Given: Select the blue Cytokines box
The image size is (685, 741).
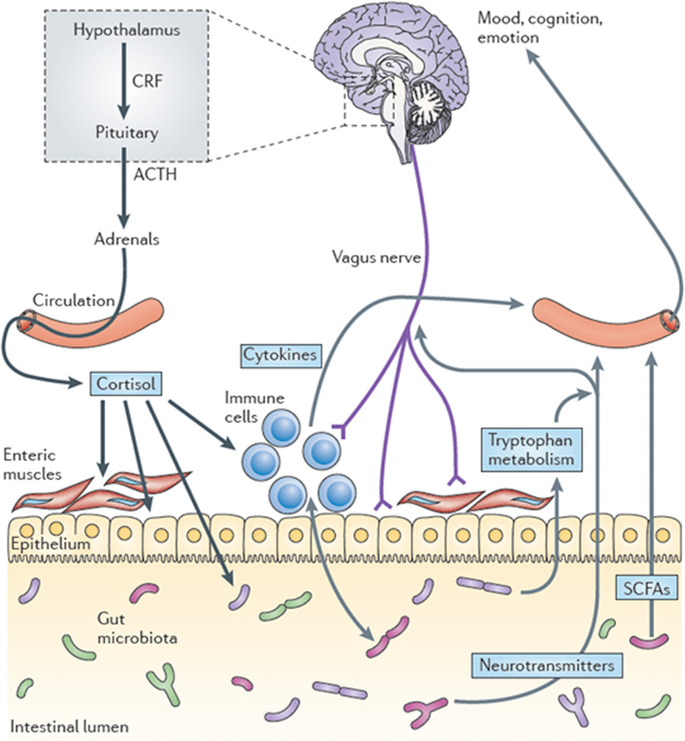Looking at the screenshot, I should pyautogui.click(x=280, y=355).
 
